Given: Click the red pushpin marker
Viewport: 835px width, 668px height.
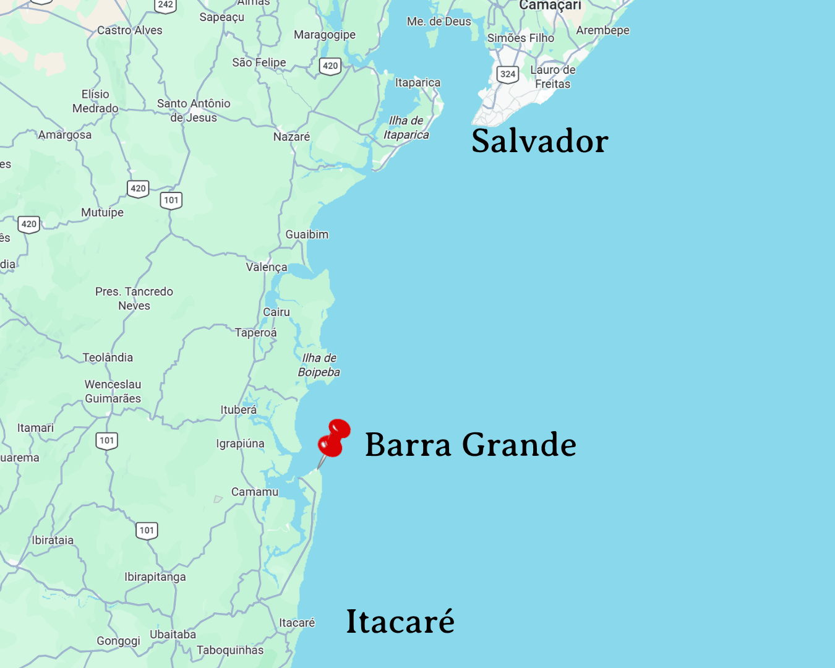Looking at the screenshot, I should pos(334,439).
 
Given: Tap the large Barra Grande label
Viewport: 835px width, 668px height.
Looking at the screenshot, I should pos(470,445).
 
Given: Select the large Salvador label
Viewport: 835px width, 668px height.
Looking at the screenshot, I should pos(539,141).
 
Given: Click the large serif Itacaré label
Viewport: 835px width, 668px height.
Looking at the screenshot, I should pos(400,621).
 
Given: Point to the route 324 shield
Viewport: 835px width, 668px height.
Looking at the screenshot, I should pos(508,74).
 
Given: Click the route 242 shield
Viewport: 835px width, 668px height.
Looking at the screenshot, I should pos(166,5).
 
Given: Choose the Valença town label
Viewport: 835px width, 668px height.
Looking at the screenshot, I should pos(267,267).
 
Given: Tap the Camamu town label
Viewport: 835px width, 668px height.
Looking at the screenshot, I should pos(255,492).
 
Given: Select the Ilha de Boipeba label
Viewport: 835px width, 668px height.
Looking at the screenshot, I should pos(319,365).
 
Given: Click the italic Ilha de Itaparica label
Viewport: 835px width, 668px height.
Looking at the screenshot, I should pos(406,127).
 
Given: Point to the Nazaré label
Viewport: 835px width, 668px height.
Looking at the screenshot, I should pos(291,137).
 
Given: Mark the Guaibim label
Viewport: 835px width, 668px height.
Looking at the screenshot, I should pos(307,234).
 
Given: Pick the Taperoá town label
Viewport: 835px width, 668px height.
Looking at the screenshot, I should pos(256,333).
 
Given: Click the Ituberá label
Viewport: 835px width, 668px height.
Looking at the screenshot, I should pos(239,409).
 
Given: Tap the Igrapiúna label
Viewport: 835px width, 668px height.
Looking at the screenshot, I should pos(240,443).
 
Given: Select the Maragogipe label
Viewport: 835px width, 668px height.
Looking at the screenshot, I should pos(325,35).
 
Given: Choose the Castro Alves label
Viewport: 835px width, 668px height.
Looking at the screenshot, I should pos(130,30).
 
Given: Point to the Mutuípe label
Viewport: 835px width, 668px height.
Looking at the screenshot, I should pos(103,212).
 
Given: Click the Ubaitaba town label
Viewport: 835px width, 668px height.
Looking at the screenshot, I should pos(173,635).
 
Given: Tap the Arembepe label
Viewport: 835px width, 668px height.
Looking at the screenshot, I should pos(602,30).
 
